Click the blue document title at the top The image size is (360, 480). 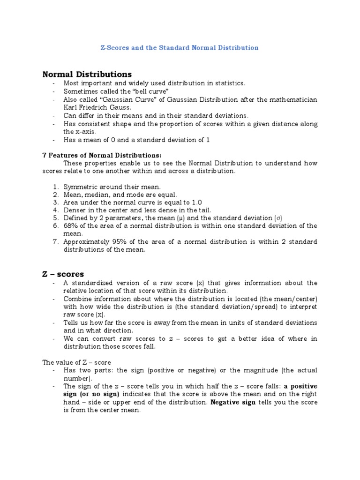[180, 48]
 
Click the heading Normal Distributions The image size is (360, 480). [87, 74]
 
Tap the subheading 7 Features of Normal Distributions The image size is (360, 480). [102, 155]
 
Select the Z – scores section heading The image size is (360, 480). [63, 274]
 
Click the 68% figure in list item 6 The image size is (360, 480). [71, 226]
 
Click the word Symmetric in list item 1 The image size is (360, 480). [80, 187]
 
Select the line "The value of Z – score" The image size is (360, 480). [76, 362]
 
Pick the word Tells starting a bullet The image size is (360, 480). [73, 323]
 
